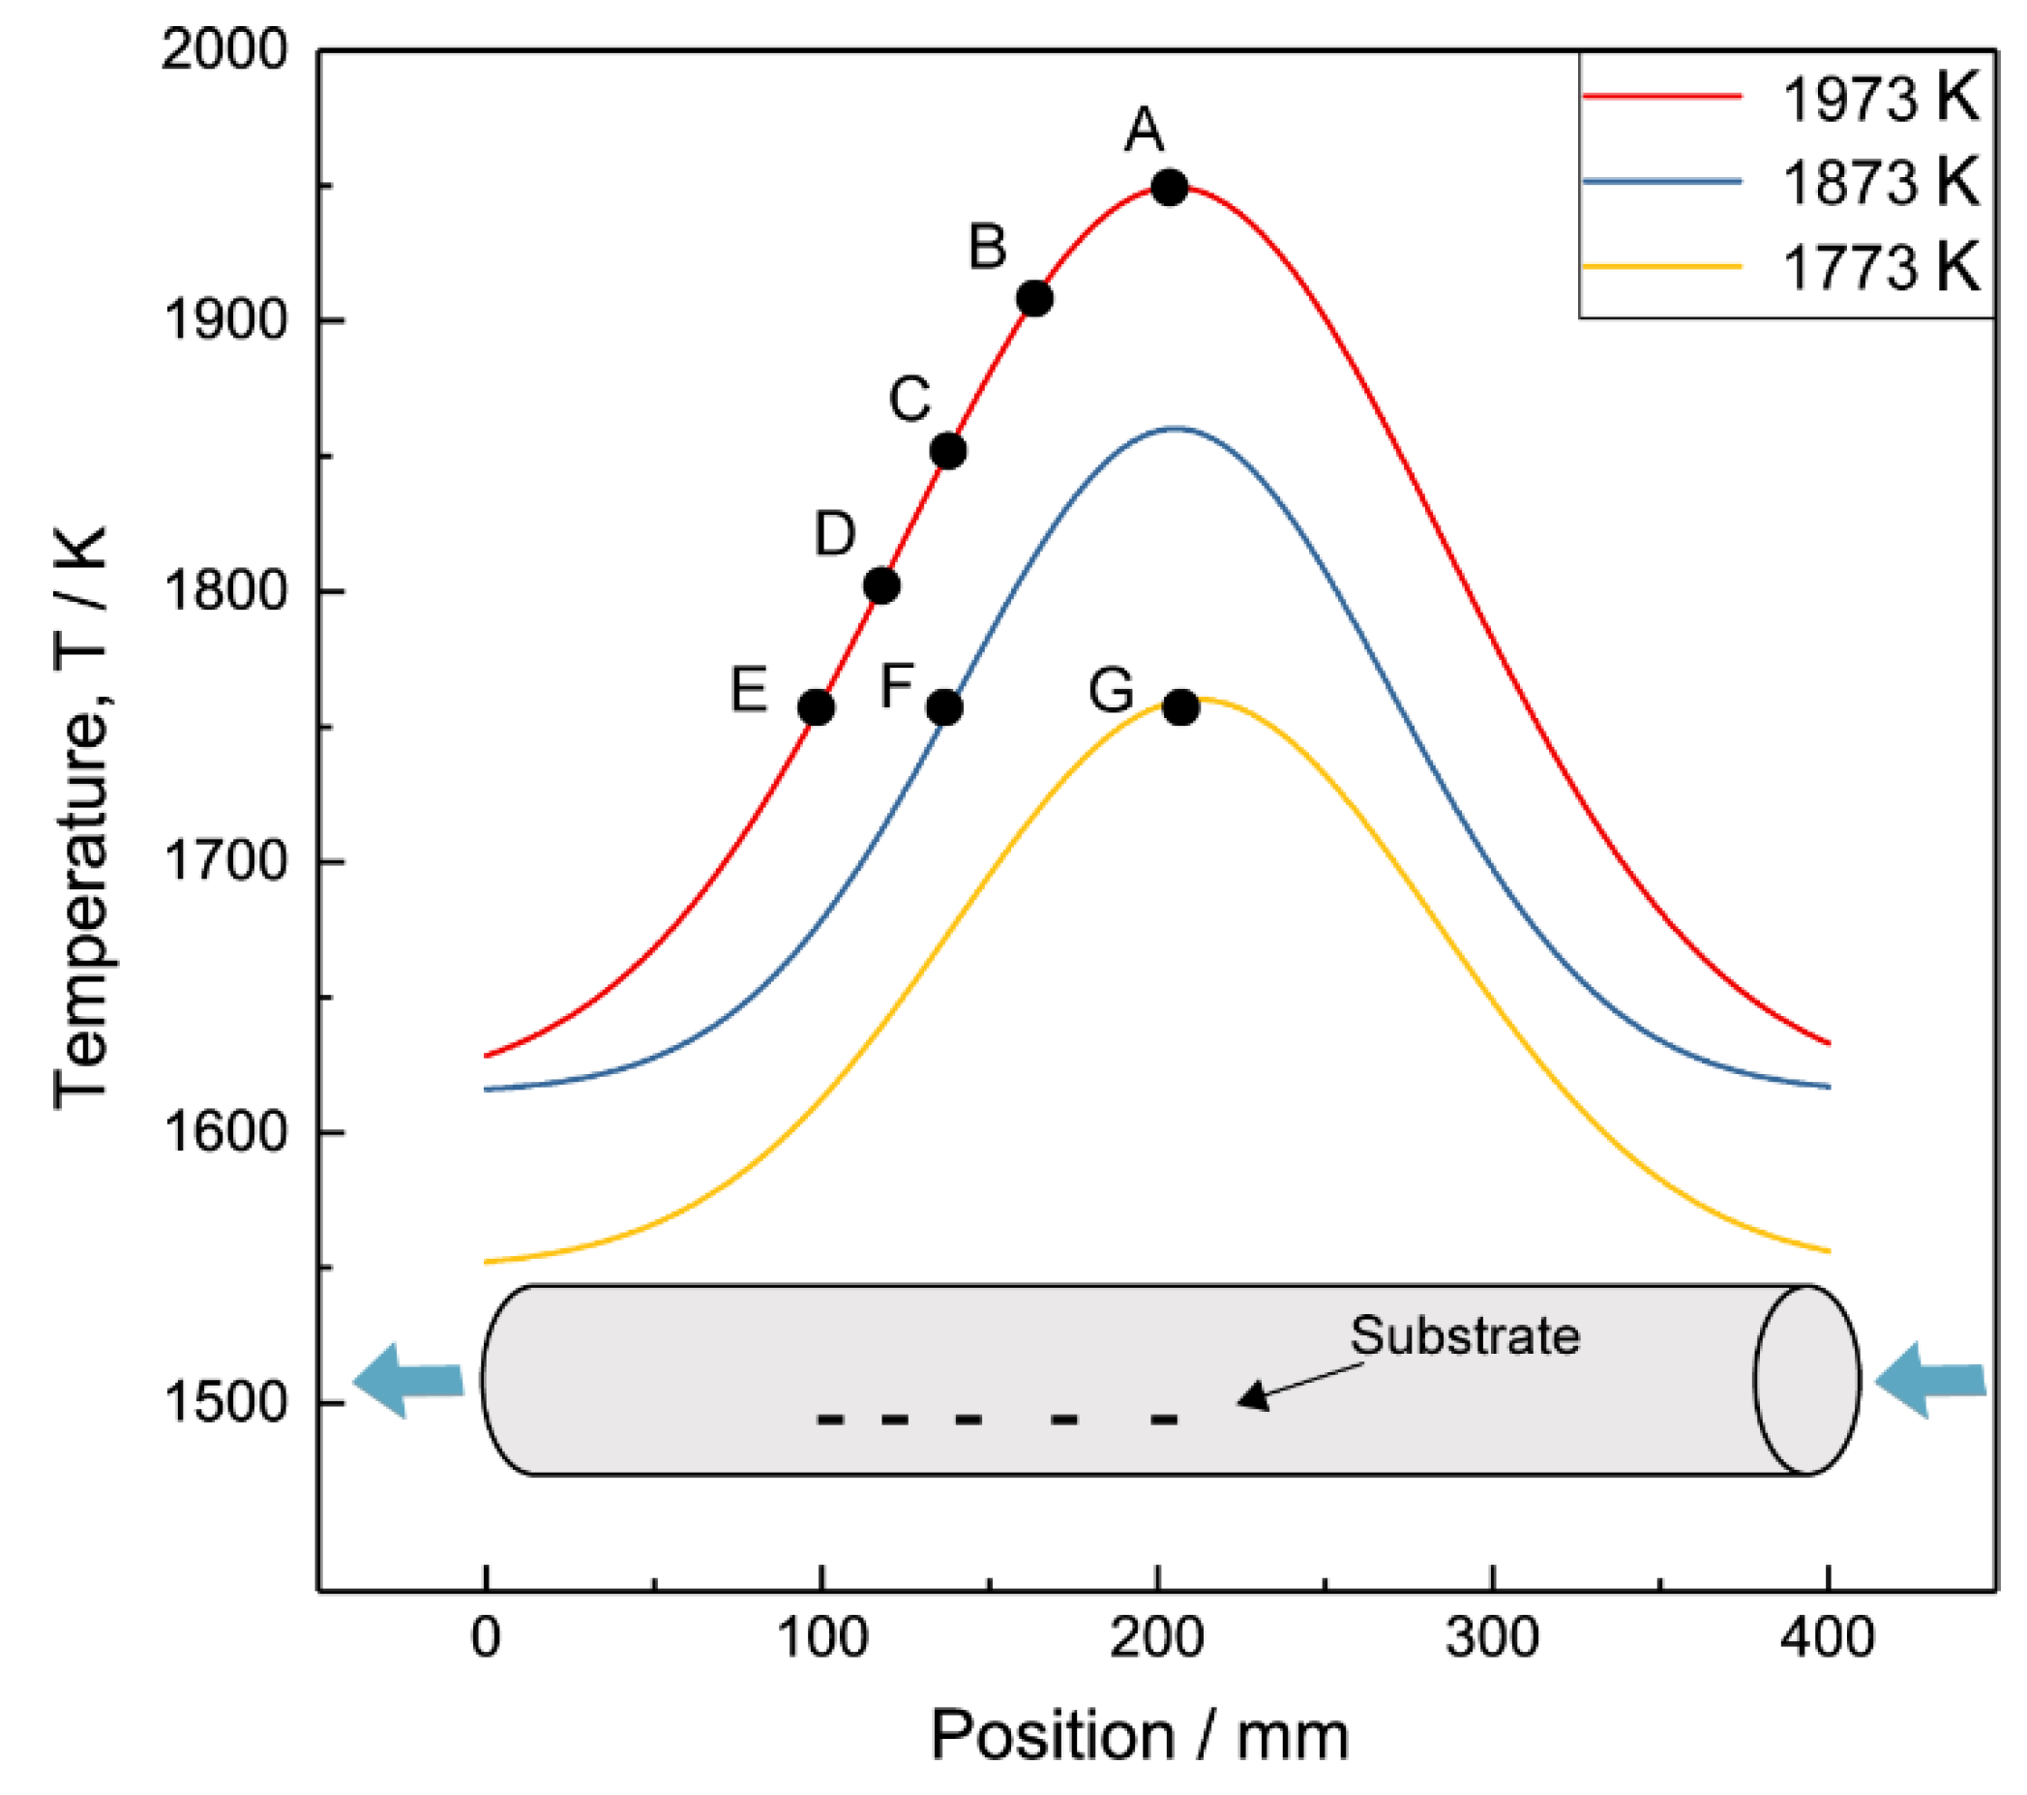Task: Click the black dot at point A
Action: tap(1169, 187)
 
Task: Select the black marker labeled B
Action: tap(1034, 297)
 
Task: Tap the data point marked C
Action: tap(948, 451)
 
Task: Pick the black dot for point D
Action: tap(881, 586)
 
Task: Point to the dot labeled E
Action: tap(816, 708)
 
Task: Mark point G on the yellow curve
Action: tap(1180, 708)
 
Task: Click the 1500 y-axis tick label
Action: tap(224, 1401)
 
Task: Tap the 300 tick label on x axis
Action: tap(1492, 1637)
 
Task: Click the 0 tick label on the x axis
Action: tap(485, 1637)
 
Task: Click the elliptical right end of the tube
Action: tap(1805, 1380)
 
